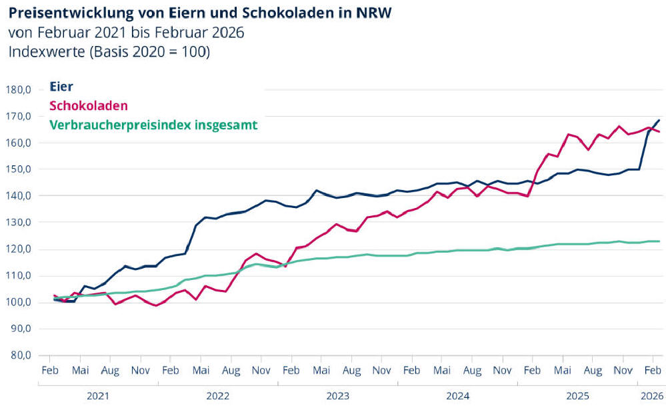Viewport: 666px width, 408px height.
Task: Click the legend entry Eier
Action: pos(62,86)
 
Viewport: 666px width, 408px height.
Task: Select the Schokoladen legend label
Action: pos(89,105)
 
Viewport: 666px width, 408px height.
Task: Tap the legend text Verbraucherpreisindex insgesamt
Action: pos(153,125)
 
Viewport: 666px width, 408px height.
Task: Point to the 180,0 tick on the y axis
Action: pos(19,89)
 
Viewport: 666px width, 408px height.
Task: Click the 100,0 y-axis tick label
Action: pos(19,303)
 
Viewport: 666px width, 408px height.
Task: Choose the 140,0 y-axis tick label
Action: pos(19,196)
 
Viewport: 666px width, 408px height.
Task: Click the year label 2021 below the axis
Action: pos(98,396)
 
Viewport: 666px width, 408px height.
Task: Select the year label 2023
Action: pos(338,396)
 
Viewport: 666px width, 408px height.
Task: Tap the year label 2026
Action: pos(651,396)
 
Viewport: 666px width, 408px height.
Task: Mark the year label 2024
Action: pos(458,396)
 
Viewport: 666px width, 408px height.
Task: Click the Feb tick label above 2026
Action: pos(653,370)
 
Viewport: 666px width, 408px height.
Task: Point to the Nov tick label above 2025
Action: pos(623,370)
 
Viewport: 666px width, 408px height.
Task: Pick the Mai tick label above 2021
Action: pos(81,370)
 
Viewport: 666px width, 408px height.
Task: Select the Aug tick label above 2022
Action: pos(231,370)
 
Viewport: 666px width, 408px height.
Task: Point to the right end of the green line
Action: pos(659,241)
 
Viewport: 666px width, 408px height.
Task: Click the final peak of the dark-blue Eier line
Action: pos(659,120)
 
